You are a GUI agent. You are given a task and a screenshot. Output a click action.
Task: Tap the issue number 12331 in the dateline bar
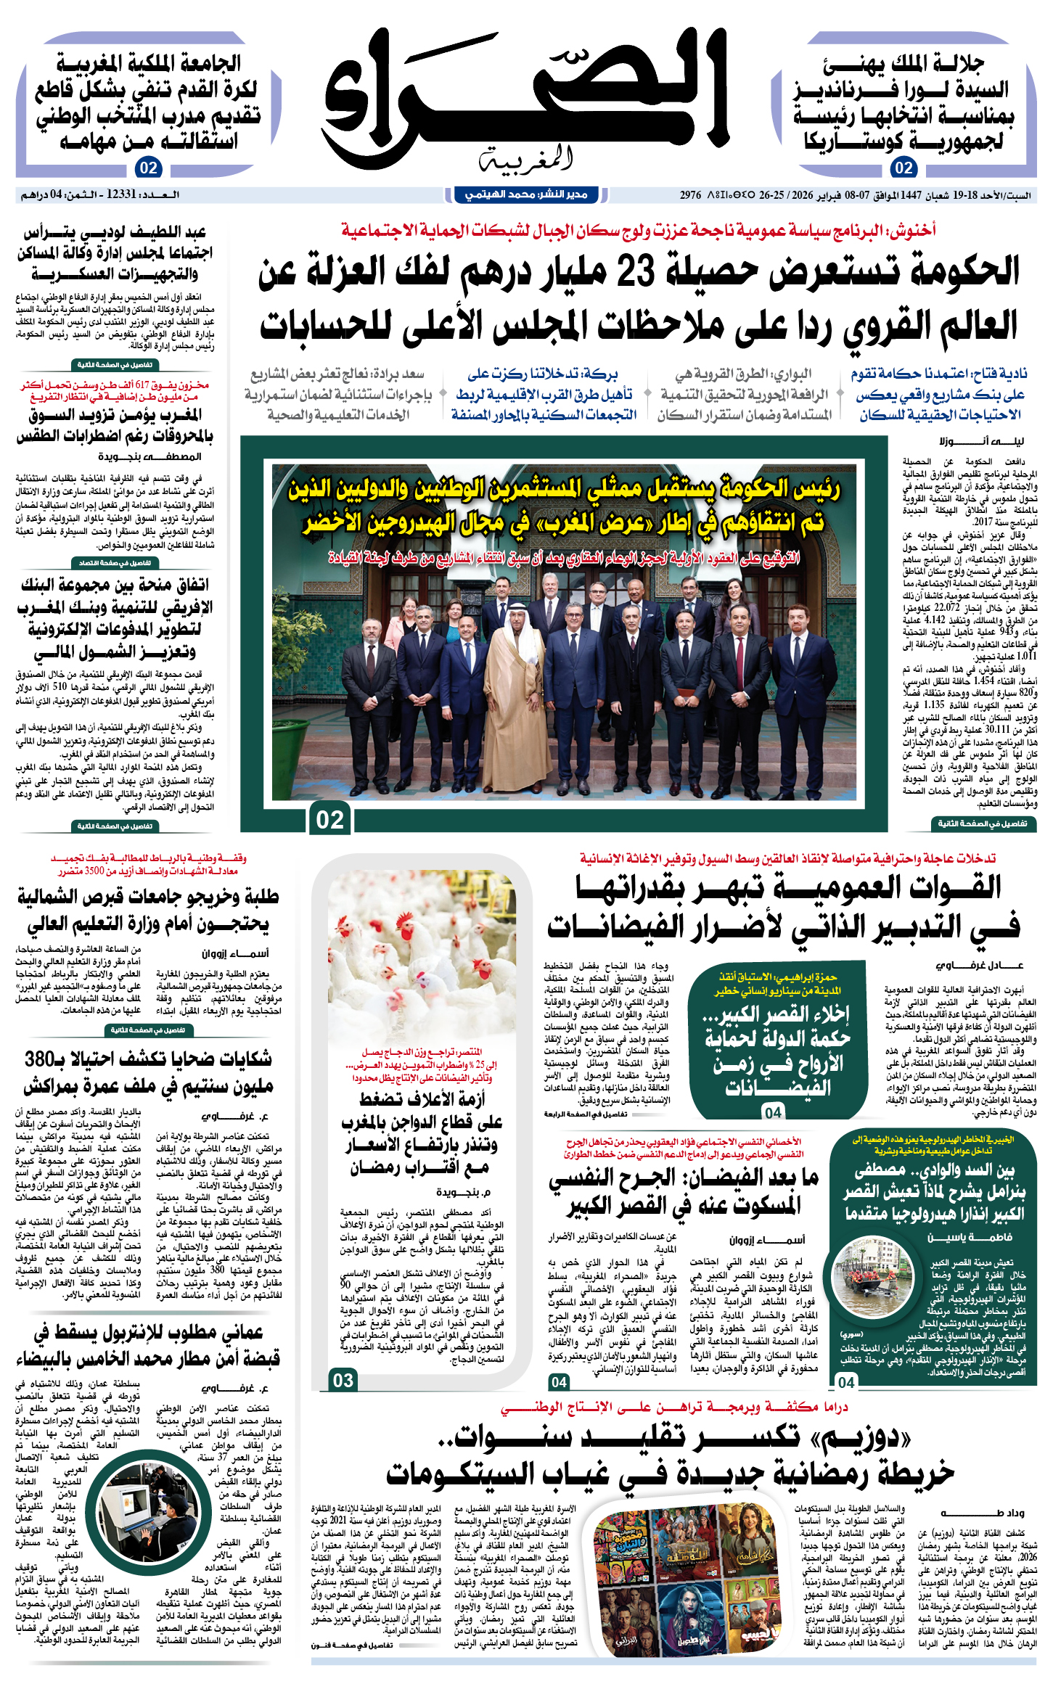pyautogui.click(x=121, y=194)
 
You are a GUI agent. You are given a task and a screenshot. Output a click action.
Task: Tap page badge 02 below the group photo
pyautogui.click(x=330, y=819)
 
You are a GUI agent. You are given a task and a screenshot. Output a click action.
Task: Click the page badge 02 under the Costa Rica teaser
pyautogui.click(x=903, y=168)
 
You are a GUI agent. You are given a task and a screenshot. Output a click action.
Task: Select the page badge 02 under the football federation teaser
pyautogui.click(x=149, y=168)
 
